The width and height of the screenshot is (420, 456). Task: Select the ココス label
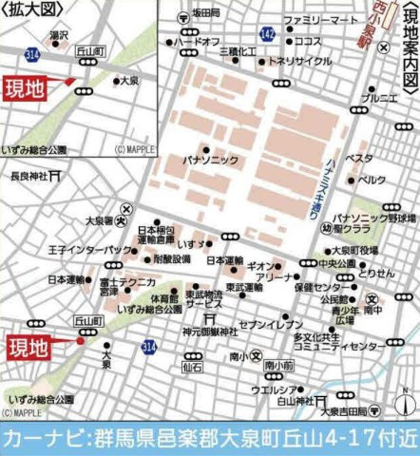(x=308, y=42)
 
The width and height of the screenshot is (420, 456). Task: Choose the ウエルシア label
(x=270, y=389)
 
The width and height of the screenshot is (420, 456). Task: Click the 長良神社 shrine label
(x=29, y=176)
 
